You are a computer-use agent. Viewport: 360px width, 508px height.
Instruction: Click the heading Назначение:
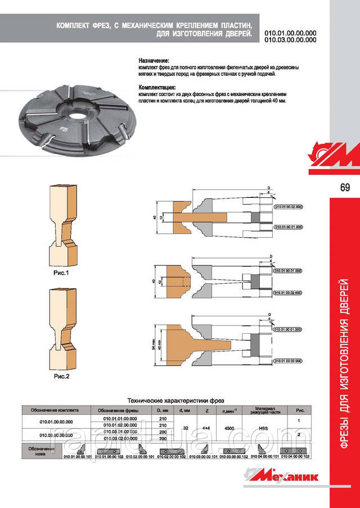(154, 60)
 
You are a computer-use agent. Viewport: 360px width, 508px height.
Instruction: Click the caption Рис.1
(57, 273)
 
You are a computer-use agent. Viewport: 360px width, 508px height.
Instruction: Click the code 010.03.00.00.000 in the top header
(290, 40)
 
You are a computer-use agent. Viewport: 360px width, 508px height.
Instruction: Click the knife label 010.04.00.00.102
(295, 456)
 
